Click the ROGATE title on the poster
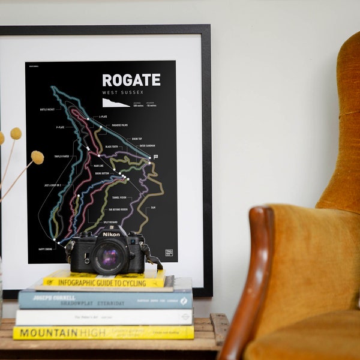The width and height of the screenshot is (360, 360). click(131, 80)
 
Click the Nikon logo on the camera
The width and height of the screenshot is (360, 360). click(110, 234)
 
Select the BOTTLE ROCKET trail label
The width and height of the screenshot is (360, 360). click(47, 110)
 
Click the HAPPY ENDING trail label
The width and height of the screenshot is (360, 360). click(46, 248)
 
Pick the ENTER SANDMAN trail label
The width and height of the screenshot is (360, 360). click(147, 145)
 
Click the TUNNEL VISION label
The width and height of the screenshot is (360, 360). click(119, 197)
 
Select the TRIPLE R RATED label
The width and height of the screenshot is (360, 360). click(61, 156)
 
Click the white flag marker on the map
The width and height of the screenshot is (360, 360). click(155, 157)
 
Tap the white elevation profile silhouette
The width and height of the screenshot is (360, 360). click(115, 103)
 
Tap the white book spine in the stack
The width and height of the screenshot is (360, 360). click(102, 317)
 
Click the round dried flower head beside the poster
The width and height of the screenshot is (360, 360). click(37, 157)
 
